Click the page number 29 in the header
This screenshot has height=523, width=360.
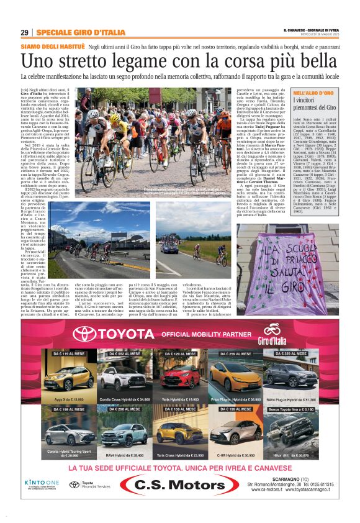24,32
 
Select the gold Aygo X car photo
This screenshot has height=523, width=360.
69,377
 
